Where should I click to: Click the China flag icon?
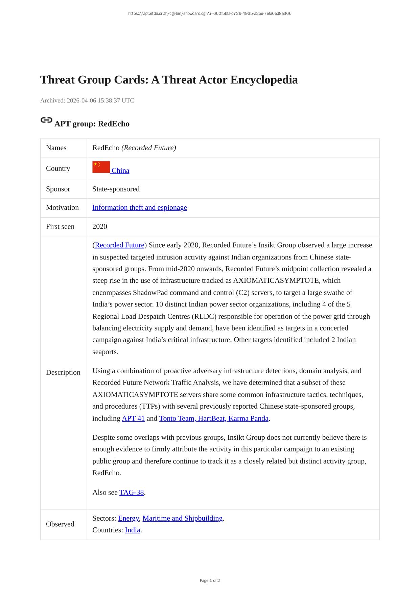coord(101,167)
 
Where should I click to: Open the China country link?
coord(120,170)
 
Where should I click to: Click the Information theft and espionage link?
coord(140,208)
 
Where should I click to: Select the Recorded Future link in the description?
coord(120,245)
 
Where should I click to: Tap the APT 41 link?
coord(133,418)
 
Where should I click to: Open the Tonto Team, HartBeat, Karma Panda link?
coord(214,418)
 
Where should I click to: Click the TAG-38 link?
coord(132,493)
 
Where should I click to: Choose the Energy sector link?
coord(128,519)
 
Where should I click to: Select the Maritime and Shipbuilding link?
coord(183,519)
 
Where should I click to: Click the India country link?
coord(133,530)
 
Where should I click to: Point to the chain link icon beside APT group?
coord(46,120)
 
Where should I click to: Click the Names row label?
coord(56,148)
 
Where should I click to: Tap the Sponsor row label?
coord(58,189)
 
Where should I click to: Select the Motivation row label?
coord(62,208)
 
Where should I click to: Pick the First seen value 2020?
coord(100,227)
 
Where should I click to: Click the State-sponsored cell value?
coord(116,189)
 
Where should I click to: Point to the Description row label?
coord(63,372)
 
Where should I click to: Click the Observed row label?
coord(60,524)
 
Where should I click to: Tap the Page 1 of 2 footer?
coord(210,580)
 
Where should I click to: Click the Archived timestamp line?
coord(87,100)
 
